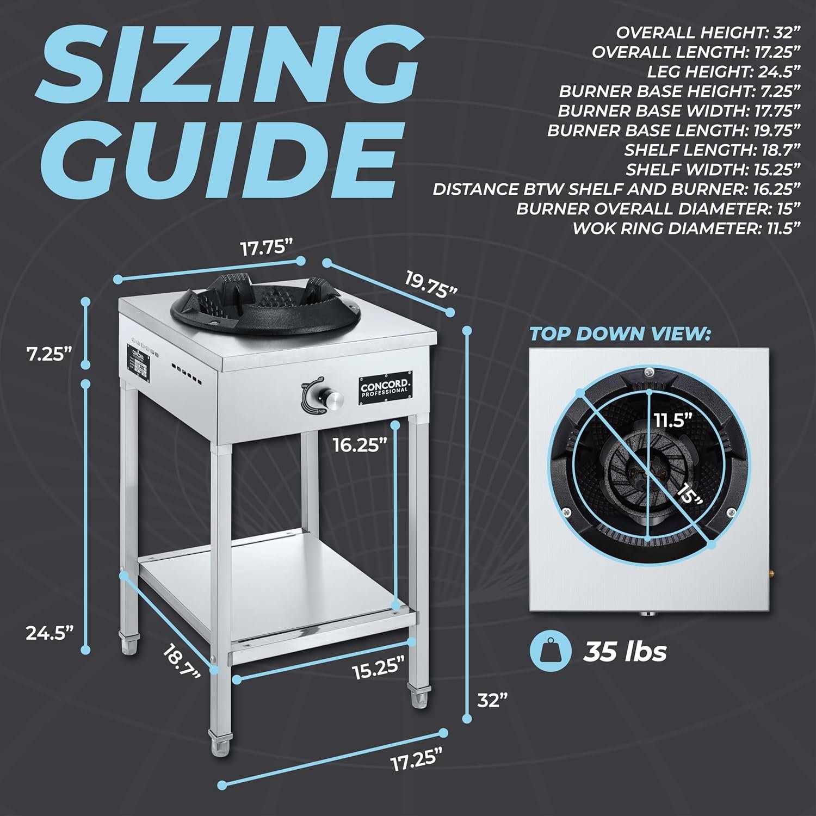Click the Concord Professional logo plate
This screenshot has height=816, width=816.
click(385, 386)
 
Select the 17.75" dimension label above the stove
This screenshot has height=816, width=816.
click(267, 248)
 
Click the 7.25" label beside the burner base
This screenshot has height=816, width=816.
click(50, 355)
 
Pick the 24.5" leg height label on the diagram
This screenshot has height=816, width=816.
click(50, 633)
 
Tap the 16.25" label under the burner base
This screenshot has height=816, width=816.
click(360, 445)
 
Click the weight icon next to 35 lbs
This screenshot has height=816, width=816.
click(549, 651)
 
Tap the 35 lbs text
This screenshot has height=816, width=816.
click(625, 651)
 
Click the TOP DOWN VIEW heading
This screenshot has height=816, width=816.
click(620, 333)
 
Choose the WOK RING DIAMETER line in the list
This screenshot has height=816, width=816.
click(686, 228)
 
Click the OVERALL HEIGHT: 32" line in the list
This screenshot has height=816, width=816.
click(708, 33)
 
